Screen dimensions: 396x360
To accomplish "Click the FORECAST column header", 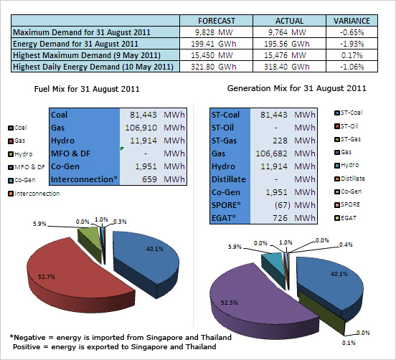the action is pyautogui.click(x=217, y=21).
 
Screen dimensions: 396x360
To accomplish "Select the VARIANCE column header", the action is pyautogui.click(x=352, y=21).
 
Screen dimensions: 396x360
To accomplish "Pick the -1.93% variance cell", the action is pyautogui.click(x=352, y=44).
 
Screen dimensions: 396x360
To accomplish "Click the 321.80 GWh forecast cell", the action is pyautogui.click(x=214, y=67).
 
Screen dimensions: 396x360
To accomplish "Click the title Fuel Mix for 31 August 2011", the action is pyautogui.click(x=87, y=89).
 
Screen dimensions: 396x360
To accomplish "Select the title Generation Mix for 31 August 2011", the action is pyautogui.click(x=296, y=88).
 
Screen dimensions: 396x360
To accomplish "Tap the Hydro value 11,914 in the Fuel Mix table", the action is pyautogui.click(x=143, y=141).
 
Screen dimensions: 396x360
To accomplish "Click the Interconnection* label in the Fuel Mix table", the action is pyautogui.click(x=84, y=179).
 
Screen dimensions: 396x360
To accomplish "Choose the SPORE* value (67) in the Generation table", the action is pyautogui.click(x=283, y=205).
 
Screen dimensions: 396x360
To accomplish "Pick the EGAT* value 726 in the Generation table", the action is pyautogui.click(x=280, y=218).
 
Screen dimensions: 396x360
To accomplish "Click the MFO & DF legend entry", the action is pyautogui.click(x=27, y=167).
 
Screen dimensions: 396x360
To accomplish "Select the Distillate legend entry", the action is pyautogui.click(x=350, y=179).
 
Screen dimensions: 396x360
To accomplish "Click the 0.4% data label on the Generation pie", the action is pyautogui.click(x=346, y=245).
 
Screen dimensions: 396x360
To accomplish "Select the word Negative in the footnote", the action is pyautogui.click(x=30, y=338).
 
